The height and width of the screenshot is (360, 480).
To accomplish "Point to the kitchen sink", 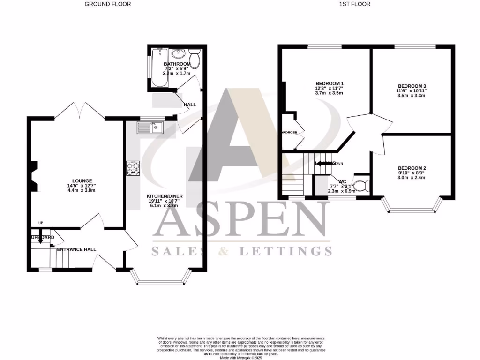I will point(150,127).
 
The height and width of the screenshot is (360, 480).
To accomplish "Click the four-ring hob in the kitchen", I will point(133,168).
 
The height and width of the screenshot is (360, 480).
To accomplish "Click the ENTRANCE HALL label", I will point(76,249).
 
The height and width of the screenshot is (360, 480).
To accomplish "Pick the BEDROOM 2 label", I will point(412,168).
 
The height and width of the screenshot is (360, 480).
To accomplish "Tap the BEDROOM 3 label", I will point(412,86).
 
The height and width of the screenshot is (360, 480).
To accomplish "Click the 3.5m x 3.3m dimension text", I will point(412,96).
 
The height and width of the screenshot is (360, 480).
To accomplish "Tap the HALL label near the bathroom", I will point(190,105).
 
